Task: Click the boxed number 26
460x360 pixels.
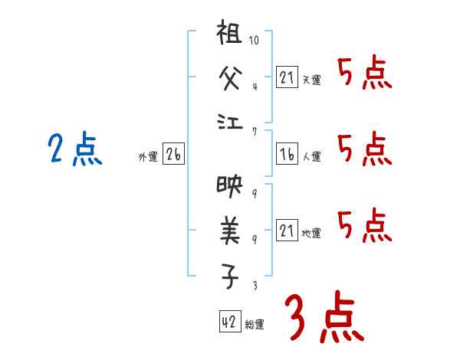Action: pyautogui.click(x=173, y=154)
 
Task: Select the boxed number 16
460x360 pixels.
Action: pyautogui.click(x=287, y=154)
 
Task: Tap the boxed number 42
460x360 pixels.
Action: pyautogui.click(x=228, y=322)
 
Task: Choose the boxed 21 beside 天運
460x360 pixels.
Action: pyautogui.click(x=287, y=77)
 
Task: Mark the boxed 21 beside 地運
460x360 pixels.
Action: pyautogui.click(x=287, y=231)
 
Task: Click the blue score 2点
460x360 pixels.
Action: pyautogui.click(x=75, y=149)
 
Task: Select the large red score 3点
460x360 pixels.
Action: pyautogui.click(x=323, y=317)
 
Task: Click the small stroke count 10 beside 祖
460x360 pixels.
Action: pyautogui.click(x=255, y=38)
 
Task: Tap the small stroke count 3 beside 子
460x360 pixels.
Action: pyautogui.click(x=255, y=286)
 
